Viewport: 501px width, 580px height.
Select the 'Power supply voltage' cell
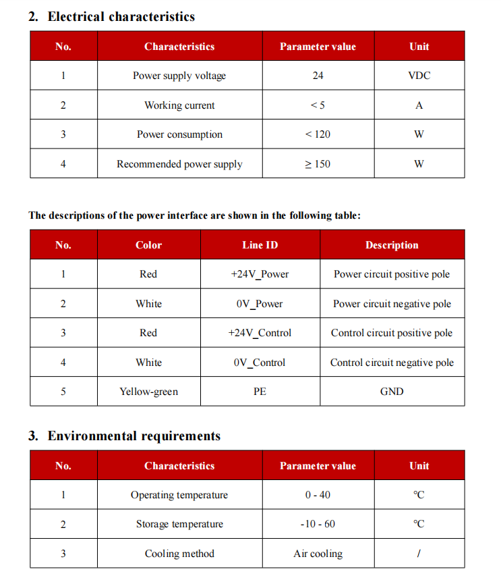point(179,76)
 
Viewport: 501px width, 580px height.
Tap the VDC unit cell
point(419,76)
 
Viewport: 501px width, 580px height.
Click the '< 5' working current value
point(318,105)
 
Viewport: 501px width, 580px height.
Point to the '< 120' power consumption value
point(318,134)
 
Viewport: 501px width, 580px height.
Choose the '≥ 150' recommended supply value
point(318,164)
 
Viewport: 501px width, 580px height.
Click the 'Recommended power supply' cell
point(179,164)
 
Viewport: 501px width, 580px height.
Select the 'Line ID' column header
point(260,245)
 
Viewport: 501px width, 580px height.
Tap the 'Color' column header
point(148,245)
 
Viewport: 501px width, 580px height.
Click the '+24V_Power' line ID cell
point(260,274)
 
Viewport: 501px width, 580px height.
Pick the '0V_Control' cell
point(260,363)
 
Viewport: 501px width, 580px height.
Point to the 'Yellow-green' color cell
point(148,392)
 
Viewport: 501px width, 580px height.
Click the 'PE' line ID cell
point(260,392)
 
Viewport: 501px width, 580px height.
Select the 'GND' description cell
point(392,392)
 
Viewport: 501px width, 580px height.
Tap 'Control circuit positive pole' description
point(392,333)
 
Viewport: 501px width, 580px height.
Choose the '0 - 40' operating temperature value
point(318,495)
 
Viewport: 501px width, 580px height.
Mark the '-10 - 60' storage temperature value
point(318,524)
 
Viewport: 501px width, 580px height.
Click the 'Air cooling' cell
point(318,554)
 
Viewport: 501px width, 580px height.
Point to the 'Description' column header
point(392,245)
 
